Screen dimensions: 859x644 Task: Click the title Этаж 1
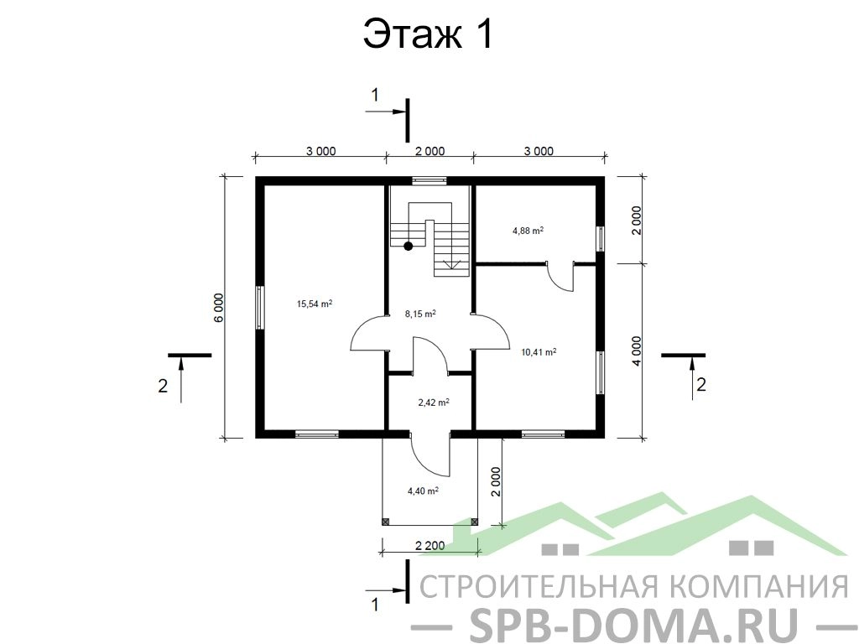429,34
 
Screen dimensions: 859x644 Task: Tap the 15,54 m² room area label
315,304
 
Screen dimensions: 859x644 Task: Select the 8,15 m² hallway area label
420,314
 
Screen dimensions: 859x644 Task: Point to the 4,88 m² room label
528,231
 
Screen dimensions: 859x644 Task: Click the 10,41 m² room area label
539,352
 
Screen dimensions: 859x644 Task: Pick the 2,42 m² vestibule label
434,402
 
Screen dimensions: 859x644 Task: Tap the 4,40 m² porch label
423,491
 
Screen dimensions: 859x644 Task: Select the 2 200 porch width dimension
430,545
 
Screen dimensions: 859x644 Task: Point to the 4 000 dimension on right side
636,351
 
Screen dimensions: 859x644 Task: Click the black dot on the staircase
409,246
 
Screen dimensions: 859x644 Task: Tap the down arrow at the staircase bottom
452,264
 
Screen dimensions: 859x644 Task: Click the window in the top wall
429,180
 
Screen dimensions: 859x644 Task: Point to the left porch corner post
385,522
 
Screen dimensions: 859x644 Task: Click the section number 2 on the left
163,386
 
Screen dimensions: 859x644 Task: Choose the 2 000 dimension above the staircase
429,151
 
